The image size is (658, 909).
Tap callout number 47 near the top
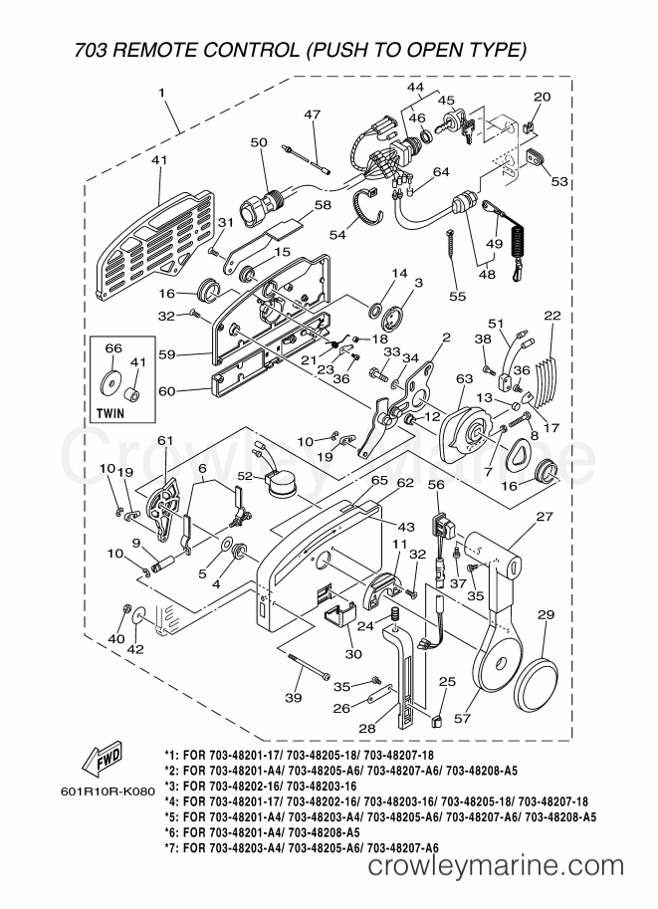tap(313, 115)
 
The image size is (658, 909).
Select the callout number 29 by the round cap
tap(546, 616)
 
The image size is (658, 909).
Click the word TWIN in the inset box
tap(117, 410)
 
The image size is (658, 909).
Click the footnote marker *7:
tap(172, 846)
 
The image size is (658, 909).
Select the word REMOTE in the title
tap(162, 49)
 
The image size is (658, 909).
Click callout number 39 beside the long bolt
tap(293, 698)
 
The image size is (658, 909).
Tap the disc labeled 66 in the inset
tap(111, 380)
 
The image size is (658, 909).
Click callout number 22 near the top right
tap(551, 316)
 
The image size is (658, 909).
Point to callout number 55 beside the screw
tap(457, 297)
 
